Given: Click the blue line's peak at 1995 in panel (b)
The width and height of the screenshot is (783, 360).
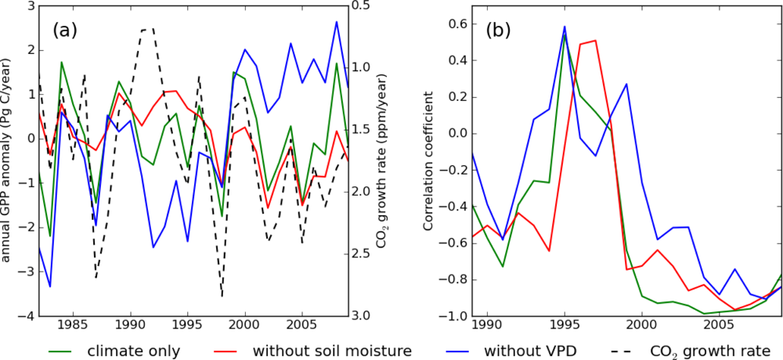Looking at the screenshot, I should point(565,27).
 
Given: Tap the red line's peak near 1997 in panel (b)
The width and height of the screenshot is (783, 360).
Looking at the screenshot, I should point(595,41).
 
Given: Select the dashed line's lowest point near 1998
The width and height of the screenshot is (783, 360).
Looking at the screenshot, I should point(222,297).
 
